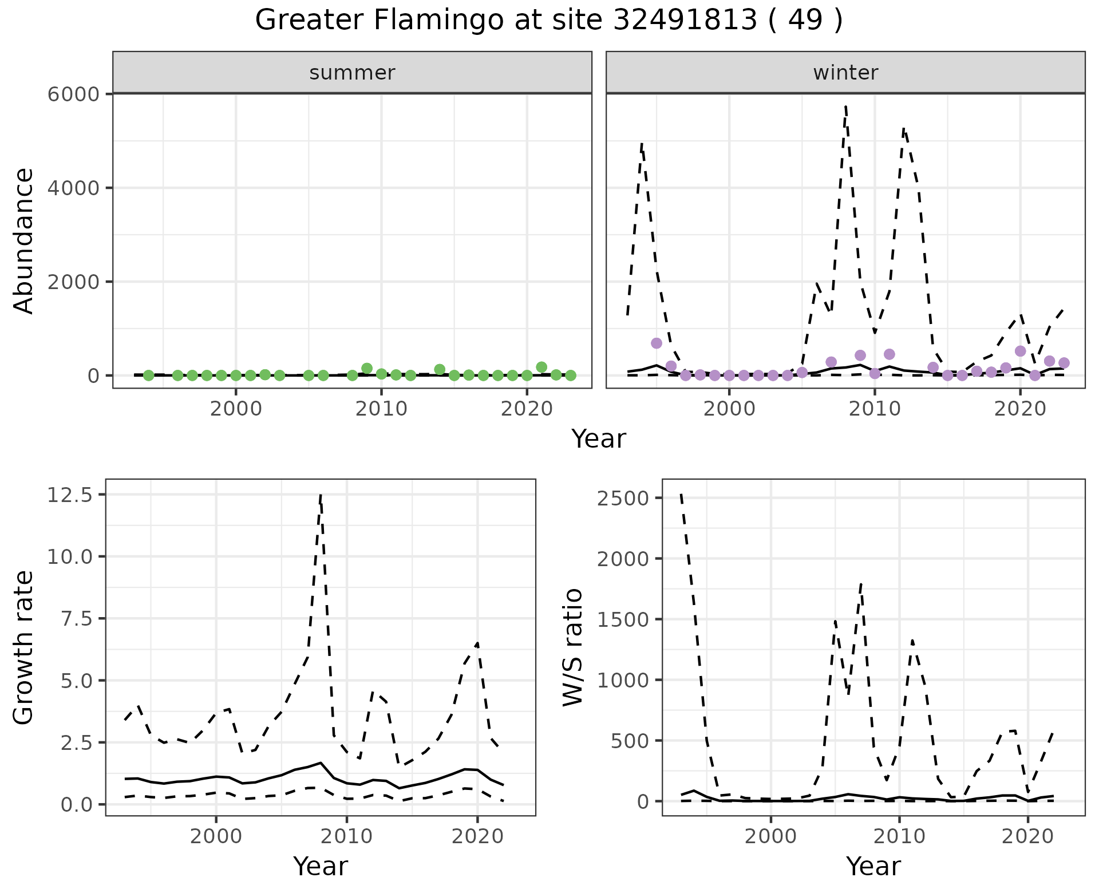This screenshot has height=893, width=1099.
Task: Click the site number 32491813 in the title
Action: pos(685,21)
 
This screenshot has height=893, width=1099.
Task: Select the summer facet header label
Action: pos(352,73)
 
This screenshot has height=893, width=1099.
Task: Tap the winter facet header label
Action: pos(845,73)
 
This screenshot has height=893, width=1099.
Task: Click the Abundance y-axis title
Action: pos(24,240)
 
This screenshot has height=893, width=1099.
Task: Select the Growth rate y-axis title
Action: pos(24,648)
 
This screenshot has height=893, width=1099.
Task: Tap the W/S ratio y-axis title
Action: pos(572,647)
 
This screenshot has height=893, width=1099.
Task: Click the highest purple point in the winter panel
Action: pos(657,343)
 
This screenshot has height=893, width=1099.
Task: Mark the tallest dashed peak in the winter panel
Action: pos(845,106)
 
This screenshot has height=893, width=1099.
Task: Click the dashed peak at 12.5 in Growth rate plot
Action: pos(321,496)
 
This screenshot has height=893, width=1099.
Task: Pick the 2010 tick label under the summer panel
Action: pos(381,409)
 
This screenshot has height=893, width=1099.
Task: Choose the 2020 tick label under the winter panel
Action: pos(1020,409)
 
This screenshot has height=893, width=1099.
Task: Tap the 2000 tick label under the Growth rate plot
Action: pos(216,836)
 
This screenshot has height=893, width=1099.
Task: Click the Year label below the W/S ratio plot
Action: pos(873,867)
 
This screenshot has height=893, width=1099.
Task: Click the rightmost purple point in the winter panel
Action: pos(1064,363)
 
